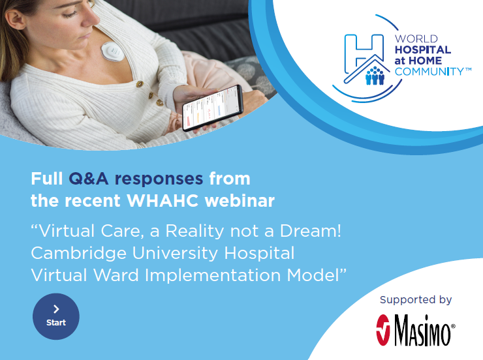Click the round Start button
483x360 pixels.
click(x=56, y=316)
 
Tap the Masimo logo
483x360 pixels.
click(x=416, y=330)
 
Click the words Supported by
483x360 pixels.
click(x=416, y=300)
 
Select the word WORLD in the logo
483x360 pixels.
click(x=416, y=38)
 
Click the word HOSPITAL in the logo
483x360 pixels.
click(x=423, y=50)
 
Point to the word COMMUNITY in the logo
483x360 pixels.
click(x=429, y=72)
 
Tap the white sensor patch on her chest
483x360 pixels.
click(x=113, y=52)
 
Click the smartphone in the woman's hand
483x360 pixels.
click(x=213, y=108)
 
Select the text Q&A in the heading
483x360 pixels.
click(x=88, y=179)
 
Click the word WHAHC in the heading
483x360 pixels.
click(x=163, y=201)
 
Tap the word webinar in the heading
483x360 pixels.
click(x=240, y=201)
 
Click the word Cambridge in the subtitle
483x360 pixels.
click(x=79, y=254)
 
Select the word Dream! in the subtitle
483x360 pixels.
click(x=311, y=231)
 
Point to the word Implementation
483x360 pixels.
click(x=213, y=276)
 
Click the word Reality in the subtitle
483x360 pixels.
click(x=195, y=232)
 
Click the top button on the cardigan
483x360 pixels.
click(x=140, y=83)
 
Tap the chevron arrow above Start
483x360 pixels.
click(x=56, y=309)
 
